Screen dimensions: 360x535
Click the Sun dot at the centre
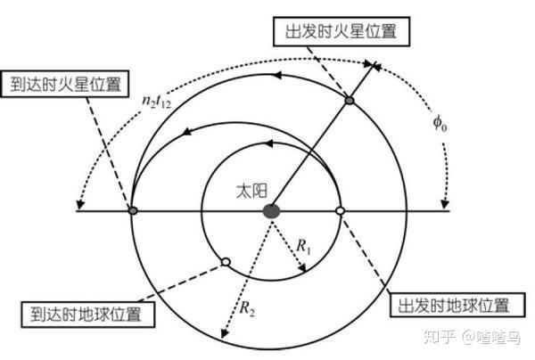pos(271,211)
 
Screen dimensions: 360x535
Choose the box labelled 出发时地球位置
pos(451,306)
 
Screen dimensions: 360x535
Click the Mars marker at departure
pos(350,101)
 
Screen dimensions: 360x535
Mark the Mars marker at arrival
pos(133,211)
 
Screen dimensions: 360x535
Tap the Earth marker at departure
pos(340,211)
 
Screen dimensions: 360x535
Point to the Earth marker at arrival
pos(226,262)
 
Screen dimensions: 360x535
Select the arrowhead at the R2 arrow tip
pos(226,341)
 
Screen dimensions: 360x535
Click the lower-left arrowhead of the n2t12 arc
pos(83,196)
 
